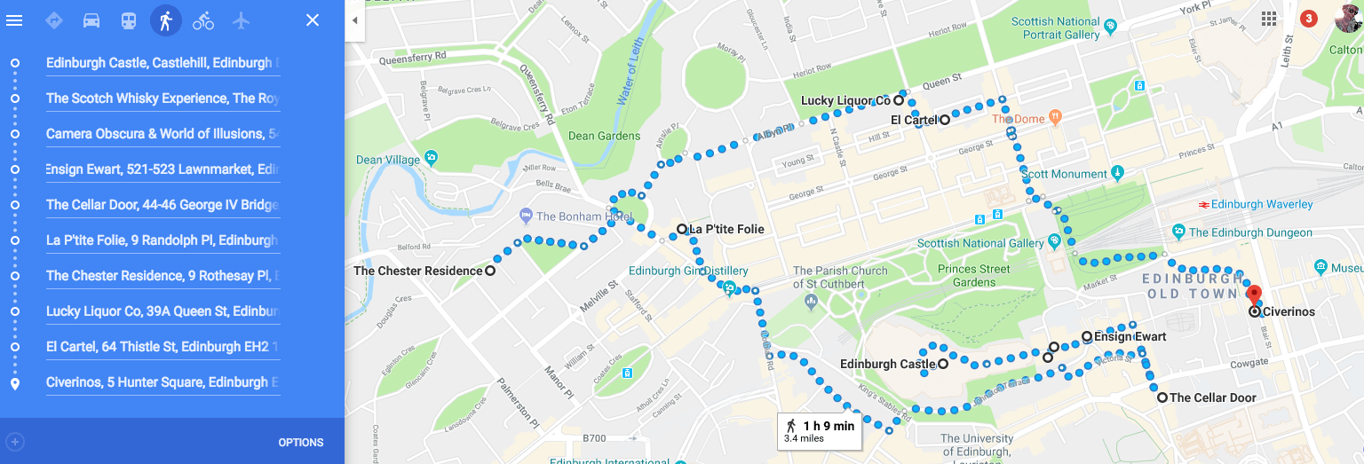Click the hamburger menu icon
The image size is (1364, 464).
click(x=14, y=20)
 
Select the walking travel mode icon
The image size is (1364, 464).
click(x=165, y=20)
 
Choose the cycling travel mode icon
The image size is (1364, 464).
click(x=203, y=20)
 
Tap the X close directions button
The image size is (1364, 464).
click(x=313, y=20)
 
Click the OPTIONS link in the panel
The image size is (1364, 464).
click(x=300, y=443)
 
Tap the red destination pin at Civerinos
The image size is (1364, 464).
click(x=1254, y=296)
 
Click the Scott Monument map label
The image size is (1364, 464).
click(x=1064, y=174)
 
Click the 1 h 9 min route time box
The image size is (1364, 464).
click(x=819, y=431)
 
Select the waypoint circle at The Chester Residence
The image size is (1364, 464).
click(x=490, y=271)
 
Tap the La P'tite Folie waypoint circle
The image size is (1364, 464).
click(x=681, y=229)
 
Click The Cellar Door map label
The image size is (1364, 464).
click(x=1212, y=397)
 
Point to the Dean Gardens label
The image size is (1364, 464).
click(x=604, y=136)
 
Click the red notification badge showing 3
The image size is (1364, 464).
click(x=1308, y=19)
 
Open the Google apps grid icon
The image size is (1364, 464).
click(x=1268, y=19)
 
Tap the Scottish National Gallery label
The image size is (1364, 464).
click(x=979, y=243)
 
